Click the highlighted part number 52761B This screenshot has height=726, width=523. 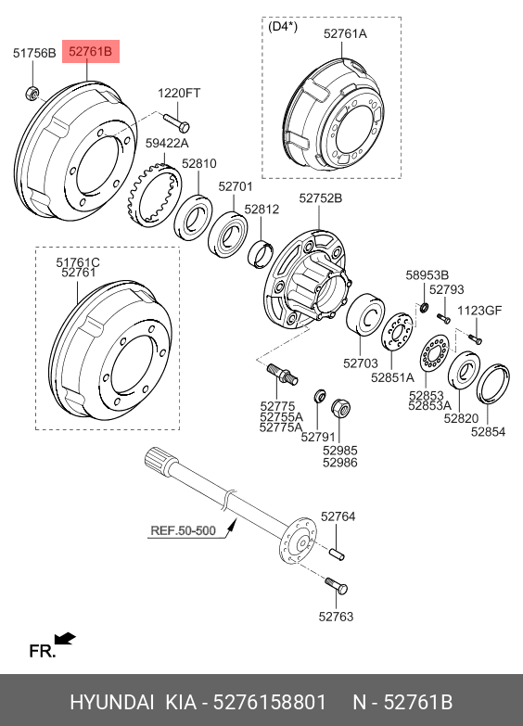click(90, 51)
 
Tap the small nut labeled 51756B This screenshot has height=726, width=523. click(31, 93)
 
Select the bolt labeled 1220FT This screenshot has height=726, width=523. click(176, 122)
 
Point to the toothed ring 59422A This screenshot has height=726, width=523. click(154, 196)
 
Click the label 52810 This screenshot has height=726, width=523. click(199, 163)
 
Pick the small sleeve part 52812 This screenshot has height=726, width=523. click(261, 254)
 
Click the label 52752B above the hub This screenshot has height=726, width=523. click(321, 198)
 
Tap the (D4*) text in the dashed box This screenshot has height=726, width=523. click(283, 26)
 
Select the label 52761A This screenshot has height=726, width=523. click(345, 33)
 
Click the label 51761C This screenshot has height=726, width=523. click(78, 262)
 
